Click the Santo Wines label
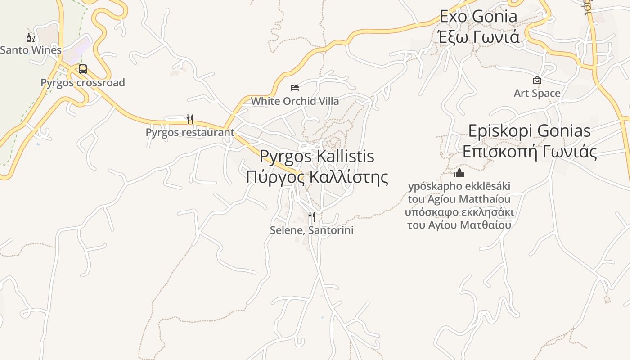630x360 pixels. pos(31,50)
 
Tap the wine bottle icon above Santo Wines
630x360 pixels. pos(30,37)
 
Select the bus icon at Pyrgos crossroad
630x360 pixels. pos(83,69)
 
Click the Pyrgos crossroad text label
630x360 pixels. pos(83,83)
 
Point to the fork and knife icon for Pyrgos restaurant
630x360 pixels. pos(190,119)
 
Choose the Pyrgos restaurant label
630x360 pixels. pos(190,132)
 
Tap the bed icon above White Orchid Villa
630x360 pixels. pos(295,87)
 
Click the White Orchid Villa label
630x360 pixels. pos(295,101)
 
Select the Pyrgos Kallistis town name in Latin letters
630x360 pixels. pos(317,156)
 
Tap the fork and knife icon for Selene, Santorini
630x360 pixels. pos(311,217)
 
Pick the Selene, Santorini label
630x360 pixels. pos(311,230)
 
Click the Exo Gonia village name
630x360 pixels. pos(478,17)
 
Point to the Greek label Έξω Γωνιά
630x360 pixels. pos(479,36)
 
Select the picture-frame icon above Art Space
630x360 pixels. pos(537,80)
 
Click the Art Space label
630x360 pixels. pos(537,94)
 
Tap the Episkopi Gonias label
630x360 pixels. pos(530,131)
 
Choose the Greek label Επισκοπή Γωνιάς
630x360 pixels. pos(530,152)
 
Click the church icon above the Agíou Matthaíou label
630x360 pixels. pos(459,173)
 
